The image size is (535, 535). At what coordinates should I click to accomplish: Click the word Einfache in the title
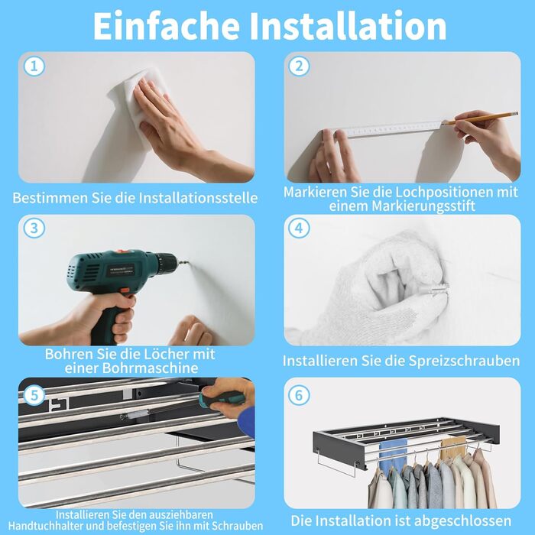coord(166,26)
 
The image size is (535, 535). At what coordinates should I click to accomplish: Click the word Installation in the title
coord(348,26)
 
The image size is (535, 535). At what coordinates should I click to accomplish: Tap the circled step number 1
coord(34,66)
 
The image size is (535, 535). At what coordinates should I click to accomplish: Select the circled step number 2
coord(299,66)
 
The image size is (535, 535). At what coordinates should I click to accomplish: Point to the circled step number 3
coord(34,228)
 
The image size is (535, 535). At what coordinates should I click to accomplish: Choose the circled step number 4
coord(299,228)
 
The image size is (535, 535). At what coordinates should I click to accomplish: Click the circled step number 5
coord(34,395)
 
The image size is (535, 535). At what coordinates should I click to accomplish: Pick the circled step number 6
coord(299,395)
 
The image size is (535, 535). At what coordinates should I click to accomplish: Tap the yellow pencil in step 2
coord(481,118)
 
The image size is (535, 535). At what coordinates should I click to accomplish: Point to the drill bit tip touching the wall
coord(188,263)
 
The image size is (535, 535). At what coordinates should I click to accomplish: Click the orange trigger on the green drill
coord(125,293)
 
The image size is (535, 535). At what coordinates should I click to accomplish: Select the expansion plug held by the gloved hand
coord(433,290)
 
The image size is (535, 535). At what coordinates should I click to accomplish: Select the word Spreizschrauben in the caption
coord(465,361)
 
